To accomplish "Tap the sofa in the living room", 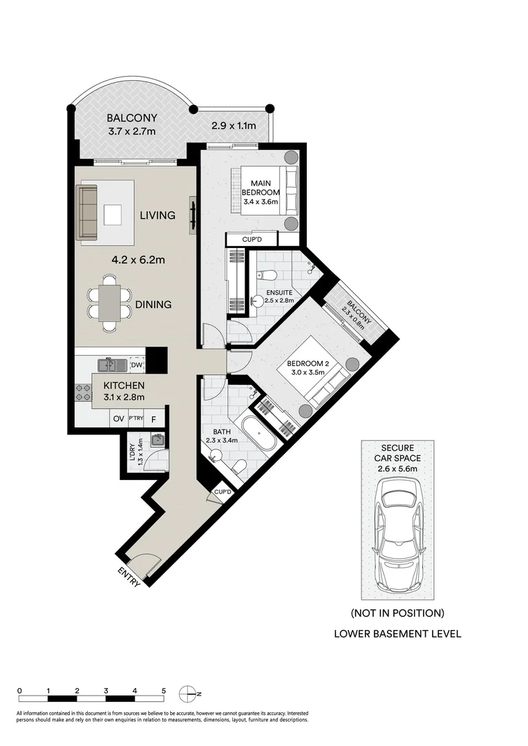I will point(87,212).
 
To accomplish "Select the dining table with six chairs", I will point(109,303).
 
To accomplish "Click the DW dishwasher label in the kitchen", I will point(136,365).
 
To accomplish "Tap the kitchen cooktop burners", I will point(83,393).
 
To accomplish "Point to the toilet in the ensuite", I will point(265,276).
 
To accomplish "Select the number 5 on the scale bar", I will point(164,690).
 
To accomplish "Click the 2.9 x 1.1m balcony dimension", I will point(234,126).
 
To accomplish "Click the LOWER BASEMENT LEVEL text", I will point(397,633).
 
